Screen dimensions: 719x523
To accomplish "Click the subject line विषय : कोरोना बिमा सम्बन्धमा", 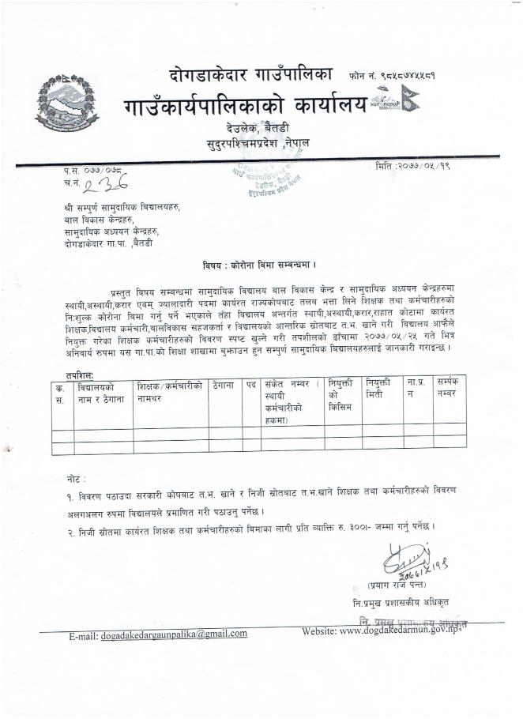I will pyautogui.click(x=261, y=265).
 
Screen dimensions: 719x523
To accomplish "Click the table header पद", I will pyautogui.click(x=251, y=386).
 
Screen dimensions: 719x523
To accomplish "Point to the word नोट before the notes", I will pyautogui.click(x=77, y=480).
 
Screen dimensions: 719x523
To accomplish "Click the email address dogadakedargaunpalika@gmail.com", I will pyautogui.click(x=174, y=633).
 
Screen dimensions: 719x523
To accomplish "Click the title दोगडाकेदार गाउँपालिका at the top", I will pyautogui.click(x=251, y=75).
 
